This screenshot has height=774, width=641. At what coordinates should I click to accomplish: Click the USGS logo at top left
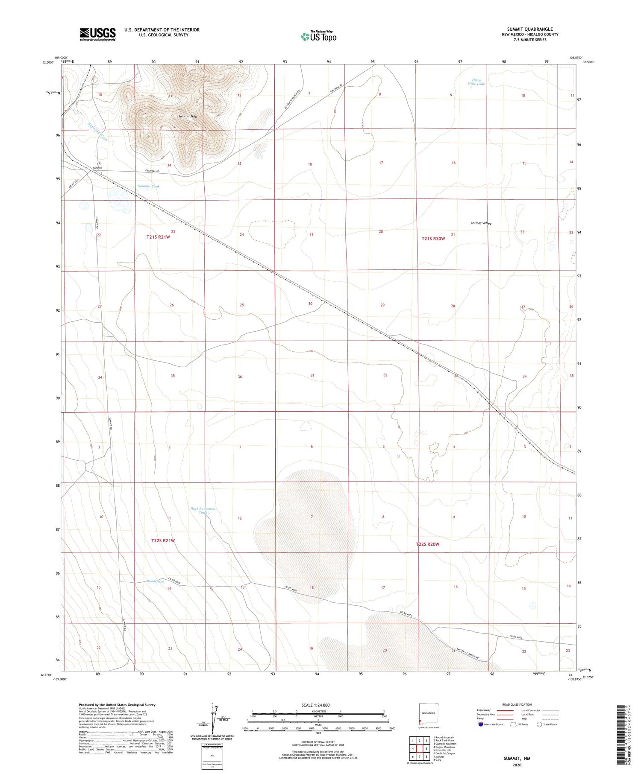pos(97,34)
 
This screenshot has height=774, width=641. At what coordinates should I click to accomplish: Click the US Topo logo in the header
pos(318,37)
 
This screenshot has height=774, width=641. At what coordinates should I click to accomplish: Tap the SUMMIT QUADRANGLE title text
pos(529,29)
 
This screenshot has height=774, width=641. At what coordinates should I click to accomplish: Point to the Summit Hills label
pos(188,117)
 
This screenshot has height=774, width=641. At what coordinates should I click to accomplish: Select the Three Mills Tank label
pos(476,82)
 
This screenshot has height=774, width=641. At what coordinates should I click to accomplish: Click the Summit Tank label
pos(149,187)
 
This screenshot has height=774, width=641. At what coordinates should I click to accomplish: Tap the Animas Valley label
pos(481,223)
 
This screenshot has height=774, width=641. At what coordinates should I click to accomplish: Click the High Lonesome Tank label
pos(203,511)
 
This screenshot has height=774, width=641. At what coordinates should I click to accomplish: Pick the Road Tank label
pos(155,581)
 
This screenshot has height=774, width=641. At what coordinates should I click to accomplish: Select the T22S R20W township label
pos(427,544)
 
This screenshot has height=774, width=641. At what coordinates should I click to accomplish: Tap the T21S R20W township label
pos(433,239)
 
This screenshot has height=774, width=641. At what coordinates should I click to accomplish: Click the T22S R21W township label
pos(163,540)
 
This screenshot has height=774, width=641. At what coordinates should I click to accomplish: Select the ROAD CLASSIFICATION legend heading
pos(517,704)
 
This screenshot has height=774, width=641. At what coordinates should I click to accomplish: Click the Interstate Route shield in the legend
pos(481,724)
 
